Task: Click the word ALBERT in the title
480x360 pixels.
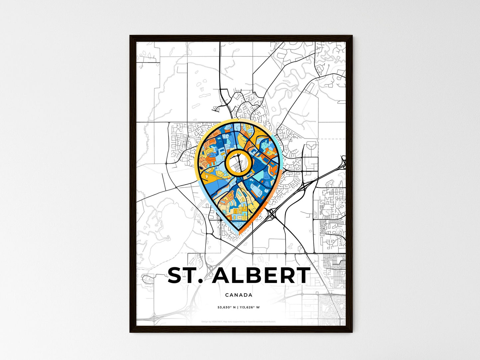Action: [261, 276]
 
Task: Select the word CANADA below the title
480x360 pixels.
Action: [239, 295]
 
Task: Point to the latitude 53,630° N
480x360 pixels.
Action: [227, 307]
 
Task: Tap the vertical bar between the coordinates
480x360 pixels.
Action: [238, 307]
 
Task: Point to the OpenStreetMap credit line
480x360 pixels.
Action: [239, 321]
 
